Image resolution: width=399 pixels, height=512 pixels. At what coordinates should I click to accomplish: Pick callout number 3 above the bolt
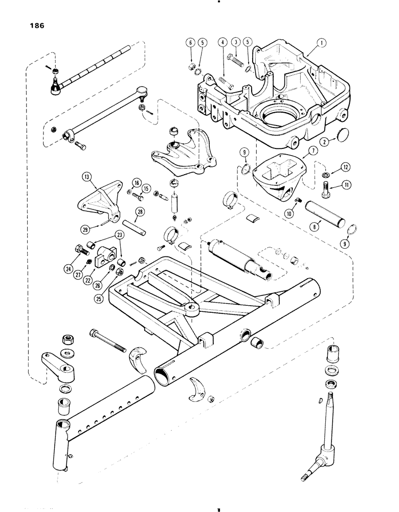click(236, 42)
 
